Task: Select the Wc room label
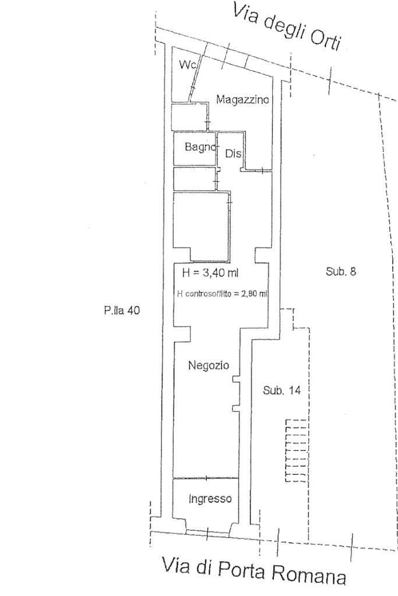(x=186, y=64)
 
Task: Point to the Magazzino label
(x=243, y=100)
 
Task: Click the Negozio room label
(x=208, y=365)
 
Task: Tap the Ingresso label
(x=210, y=499)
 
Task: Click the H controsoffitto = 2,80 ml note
(x=221, y=294)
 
